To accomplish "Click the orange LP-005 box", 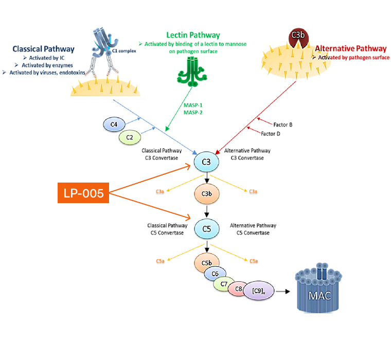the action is [x=83, y=193].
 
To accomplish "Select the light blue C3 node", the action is [x=206, y=162].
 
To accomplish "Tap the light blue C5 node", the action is [x=207, y=229].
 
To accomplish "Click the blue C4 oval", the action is [x=114, y=124].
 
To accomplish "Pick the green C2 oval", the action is [x=130, y=137].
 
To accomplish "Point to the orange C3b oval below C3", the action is [x=207, y=194].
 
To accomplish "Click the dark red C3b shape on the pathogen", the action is [x=298, y=38].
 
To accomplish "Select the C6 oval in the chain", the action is [x=215, y=274].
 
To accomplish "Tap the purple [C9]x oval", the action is [x=259, y=291].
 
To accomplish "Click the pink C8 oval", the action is [x=237, y=289].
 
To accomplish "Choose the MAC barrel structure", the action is [x=318, y=288].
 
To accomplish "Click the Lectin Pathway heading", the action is [x=193, y=35].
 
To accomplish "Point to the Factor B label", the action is [x=283, y=124].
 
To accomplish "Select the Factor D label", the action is [x=271, y=134].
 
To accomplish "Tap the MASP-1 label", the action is [x=193, y=105].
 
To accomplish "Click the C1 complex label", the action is [x=124, y=51].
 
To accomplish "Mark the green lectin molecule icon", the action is [x=192, y=71].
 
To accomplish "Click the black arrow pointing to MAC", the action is [x=283, y=291].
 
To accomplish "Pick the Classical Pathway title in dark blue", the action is [x=44, y=49].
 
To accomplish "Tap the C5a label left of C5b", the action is [x=160, y=261].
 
